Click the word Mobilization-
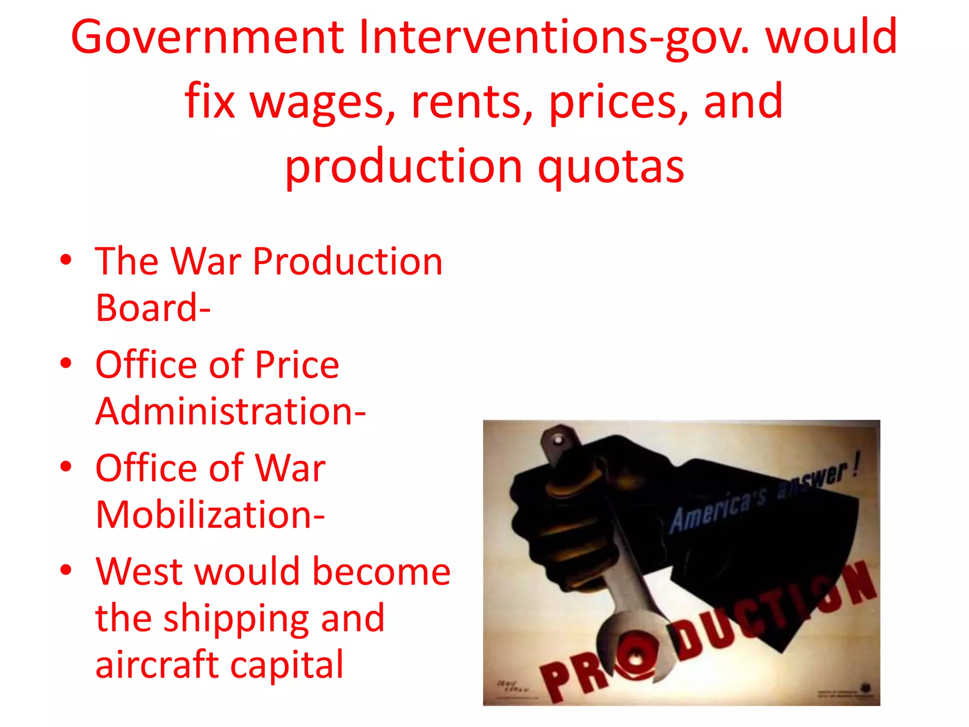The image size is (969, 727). (210, 514)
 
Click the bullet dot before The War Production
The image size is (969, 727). (66, 260)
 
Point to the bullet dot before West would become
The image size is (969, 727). (66, 570)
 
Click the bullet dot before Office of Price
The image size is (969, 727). (66, 363)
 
